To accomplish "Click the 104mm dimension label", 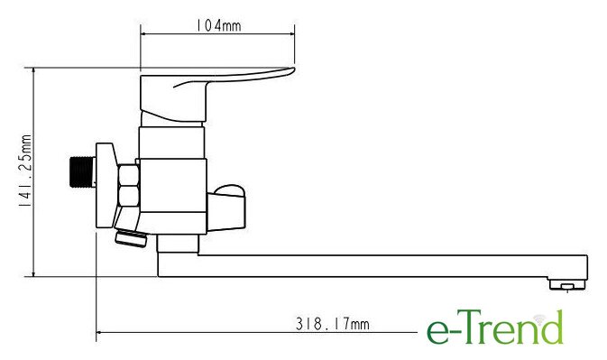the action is tap(218, 25).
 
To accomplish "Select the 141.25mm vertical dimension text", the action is tap(25, 171).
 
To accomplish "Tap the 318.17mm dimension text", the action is tap(333, 324).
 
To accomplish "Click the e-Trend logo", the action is tap(495, 328).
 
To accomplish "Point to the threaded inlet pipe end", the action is tap(83, 171).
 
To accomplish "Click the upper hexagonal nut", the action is tap(128, 175).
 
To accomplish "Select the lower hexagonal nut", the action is tap(128, 196).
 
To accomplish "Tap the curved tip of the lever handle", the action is tap(289, 71).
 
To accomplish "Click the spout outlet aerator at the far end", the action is tap(567, 284).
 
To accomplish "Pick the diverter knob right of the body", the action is tap(226, 208).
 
